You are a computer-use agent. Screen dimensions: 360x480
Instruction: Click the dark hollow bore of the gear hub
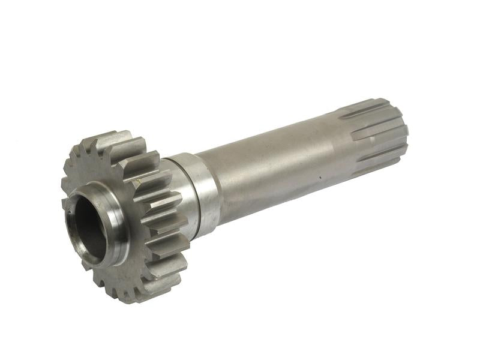click(89, 225)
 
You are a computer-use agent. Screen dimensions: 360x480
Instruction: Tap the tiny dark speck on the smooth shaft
click(322, 178)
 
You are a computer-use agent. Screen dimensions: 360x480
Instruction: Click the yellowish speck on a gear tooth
click(139, 179)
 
